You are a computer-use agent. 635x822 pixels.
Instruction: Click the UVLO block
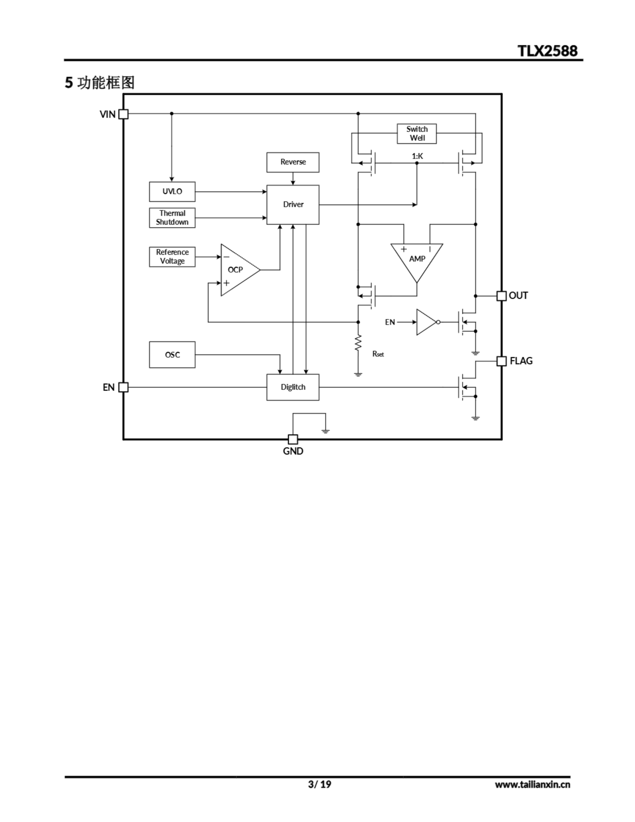click(172, 192)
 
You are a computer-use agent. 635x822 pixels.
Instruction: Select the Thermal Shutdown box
click(172, 218)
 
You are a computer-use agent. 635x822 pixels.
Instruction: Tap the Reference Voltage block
click(172, 257)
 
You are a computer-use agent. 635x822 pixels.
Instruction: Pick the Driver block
click(293, 204)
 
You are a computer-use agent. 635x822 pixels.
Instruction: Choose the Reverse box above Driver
click(293, 162)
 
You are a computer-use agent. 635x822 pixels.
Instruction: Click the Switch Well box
click(417, 134)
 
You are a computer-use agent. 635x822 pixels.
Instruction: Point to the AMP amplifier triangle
click(417, 258)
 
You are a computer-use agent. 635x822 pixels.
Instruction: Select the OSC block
click(172, 354)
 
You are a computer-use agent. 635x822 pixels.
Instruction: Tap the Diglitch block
click(293, 387)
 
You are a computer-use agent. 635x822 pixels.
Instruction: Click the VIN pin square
click(124, 114)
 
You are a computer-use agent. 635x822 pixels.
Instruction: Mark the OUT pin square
click(501, 296)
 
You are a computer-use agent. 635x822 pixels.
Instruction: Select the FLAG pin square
click(501, 361)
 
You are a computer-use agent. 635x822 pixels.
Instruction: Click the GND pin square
click(293, 439)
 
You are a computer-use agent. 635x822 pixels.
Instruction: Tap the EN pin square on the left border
click(124, 387)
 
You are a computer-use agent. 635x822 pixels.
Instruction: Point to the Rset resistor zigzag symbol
click(358, 343)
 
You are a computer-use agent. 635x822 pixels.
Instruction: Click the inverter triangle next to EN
click(425, 322)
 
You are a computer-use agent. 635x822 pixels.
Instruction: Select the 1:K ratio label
click(417, 156)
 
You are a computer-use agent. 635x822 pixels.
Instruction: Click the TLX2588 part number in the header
click(547, 51)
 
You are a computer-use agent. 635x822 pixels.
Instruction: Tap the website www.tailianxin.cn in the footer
click(532, 784)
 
